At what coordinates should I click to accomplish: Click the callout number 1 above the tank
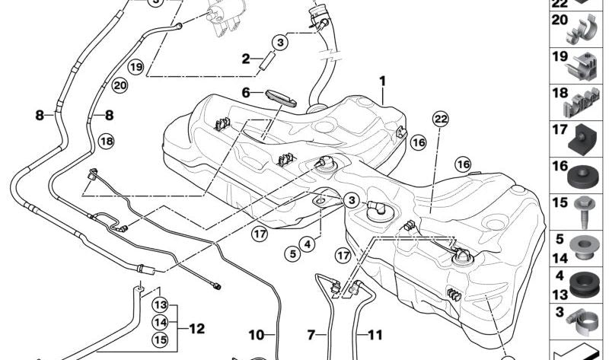point(384,81)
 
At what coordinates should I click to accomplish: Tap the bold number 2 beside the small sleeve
point(246,59)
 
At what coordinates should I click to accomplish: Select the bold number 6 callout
point(246,93)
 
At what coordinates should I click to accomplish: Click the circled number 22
point(440,118)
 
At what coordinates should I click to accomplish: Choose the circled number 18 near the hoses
point(105,141)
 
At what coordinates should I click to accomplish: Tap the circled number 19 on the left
point(136,67)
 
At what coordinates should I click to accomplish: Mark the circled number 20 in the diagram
point(120,86)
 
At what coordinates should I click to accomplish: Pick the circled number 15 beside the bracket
point(160,339)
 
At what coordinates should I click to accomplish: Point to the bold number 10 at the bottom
point(256,334)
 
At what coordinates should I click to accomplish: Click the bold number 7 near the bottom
point(311,334)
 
